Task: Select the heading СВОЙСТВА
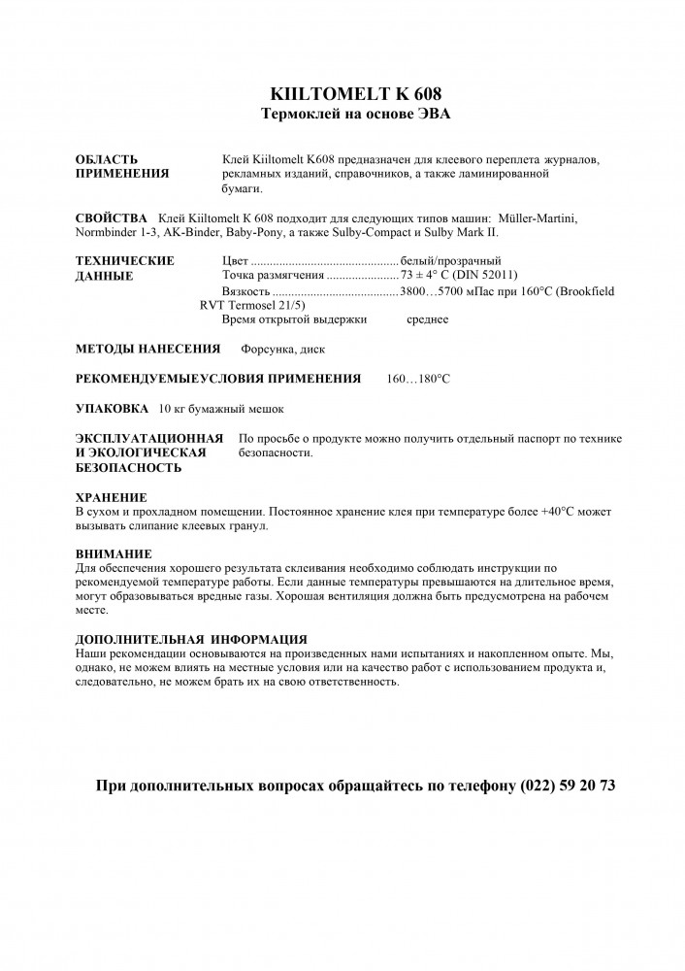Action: click(111, 218)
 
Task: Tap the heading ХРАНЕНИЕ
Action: click(111, 496)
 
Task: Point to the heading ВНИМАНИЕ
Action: click(114, 553)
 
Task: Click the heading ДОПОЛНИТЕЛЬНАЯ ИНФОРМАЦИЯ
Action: click(191, 639)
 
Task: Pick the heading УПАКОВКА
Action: click(112, 408)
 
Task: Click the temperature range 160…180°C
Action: click(418, 378)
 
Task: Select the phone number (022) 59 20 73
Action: click(568, 786)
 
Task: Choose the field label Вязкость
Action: click(245, 291)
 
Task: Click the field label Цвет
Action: click(236, 261)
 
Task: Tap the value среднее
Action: click(427, 319)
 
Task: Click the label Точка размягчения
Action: click(273, 276)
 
